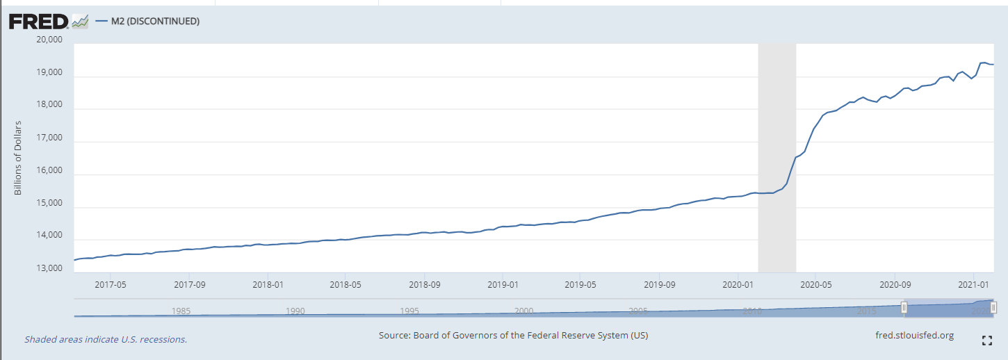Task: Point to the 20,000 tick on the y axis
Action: (49, 40)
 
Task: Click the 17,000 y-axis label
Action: (49, 138)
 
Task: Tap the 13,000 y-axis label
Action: (49, 269)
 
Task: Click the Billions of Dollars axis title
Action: (19, 158)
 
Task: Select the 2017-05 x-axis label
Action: (110, 284)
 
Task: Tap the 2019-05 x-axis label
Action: (581, 284)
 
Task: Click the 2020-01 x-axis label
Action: (738, 284)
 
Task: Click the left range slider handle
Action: (904, 307)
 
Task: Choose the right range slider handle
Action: (993, 307)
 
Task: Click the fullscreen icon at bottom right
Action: (986, 341)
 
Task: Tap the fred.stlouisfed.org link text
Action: (915, 336)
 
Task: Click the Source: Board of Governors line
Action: (513, 336)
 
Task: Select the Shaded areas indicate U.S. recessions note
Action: (106, 340)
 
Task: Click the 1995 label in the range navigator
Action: (409, 311)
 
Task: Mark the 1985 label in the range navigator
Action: (181, 311)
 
